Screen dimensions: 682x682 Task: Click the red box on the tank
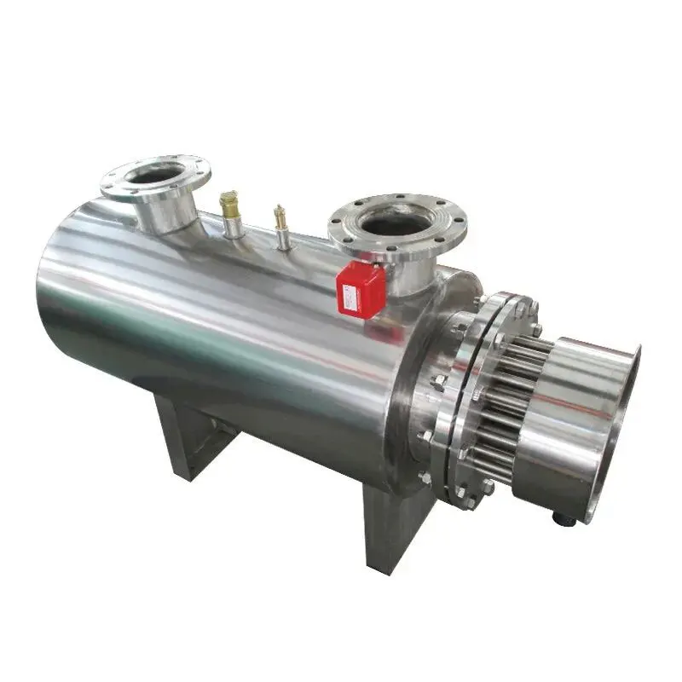click(361, 289)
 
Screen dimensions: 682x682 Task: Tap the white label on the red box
click(351, 296)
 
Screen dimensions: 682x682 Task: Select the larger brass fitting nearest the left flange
click(228, 205)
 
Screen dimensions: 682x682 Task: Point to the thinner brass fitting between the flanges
click(280, 217)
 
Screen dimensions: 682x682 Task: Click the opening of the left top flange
click(155, 174)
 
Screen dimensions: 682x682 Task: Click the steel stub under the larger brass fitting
click(233, 227)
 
